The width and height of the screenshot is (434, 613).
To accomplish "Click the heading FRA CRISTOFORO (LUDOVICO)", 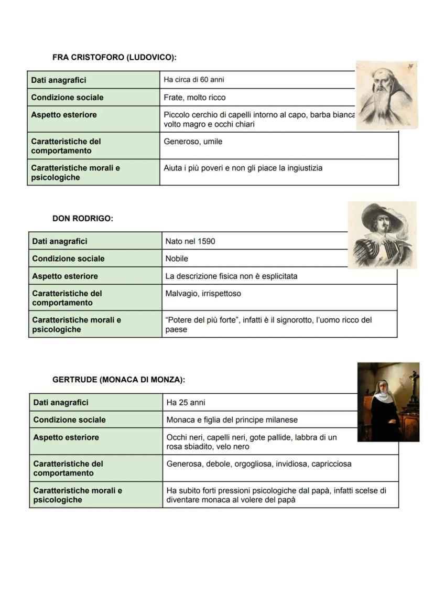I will pyautogui.click(x=114, y=57).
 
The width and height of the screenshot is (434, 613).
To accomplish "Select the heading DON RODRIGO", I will pyautogui.click(x=82, y=219).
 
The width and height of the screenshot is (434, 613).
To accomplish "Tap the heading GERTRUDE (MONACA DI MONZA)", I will pyautogui.click(x=118, y=380).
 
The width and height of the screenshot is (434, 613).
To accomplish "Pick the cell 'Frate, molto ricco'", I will pyautogui.click(x=194, y=98).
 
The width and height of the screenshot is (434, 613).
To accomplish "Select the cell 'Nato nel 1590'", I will pyautogui.click(x=190, y=241).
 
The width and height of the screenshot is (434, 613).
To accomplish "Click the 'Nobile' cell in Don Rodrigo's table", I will pyautogui.click(x=177, y=259).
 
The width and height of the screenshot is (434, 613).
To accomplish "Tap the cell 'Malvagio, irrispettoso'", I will pyautogui.click(x=203, y=294).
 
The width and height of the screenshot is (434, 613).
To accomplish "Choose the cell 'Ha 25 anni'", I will pyautogui.click(x=186, y=403).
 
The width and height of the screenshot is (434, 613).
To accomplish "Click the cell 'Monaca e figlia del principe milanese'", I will pyautogui.click(x=232, y=420).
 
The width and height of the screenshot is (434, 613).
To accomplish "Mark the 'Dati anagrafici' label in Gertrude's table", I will pyautogui.click(x=61, y=403).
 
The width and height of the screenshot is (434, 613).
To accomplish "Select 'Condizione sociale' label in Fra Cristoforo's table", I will pyautogui.click(x=67, y=98).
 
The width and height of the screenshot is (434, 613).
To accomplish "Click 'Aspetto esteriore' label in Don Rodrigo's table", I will pyautogui.click(x=65, y=276).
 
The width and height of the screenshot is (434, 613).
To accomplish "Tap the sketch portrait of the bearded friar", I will pyautogui.click(x=386, y=95).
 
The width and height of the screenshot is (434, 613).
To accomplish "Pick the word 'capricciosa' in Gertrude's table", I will pyautogui.click(x=330, y=464).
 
